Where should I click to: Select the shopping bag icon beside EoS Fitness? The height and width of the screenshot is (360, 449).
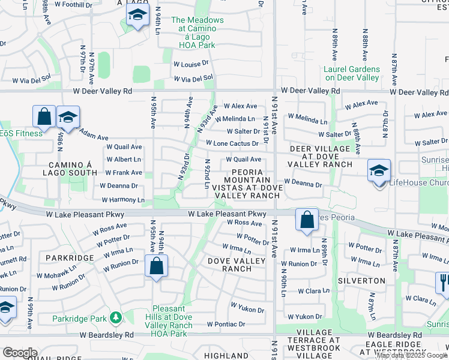coord(44,117)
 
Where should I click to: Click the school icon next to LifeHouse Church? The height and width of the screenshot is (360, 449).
coord(379,171)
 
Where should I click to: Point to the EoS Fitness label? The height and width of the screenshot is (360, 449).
coord(22,133)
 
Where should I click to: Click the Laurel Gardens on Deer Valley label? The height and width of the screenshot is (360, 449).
coord(352,73)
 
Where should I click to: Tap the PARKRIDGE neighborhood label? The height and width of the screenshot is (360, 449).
coord(68,257)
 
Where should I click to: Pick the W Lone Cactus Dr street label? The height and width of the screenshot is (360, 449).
coord(232,143)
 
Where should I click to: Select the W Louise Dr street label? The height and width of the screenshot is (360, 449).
coord(191,62)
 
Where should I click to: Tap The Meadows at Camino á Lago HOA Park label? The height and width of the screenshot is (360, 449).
coord(197,32)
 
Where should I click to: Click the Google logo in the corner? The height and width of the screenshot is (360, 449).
coord(20,353)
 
